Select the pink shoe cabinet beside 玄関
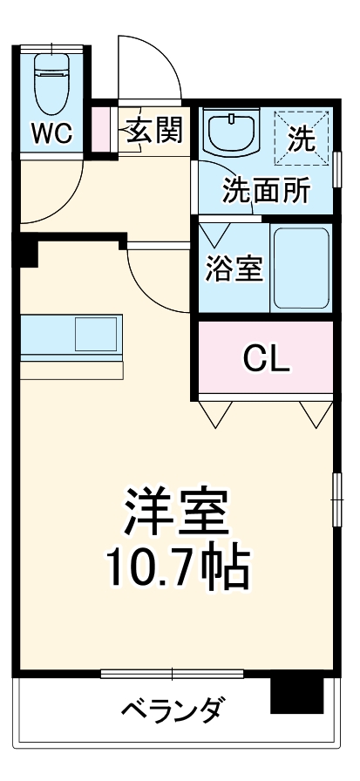point(102,128)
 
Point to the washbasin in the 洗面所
point(232,132)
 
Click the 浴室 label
point(234,268)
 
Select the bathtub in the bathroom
point(300,268)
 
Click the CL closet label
point(266,357)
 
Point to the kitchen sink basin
point(95,333)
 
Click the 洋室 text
point(177,514)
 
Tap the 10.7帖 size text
point(177,568)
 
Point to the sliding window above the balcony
point(171,673)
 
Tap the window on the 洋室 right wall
point(336,499)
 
